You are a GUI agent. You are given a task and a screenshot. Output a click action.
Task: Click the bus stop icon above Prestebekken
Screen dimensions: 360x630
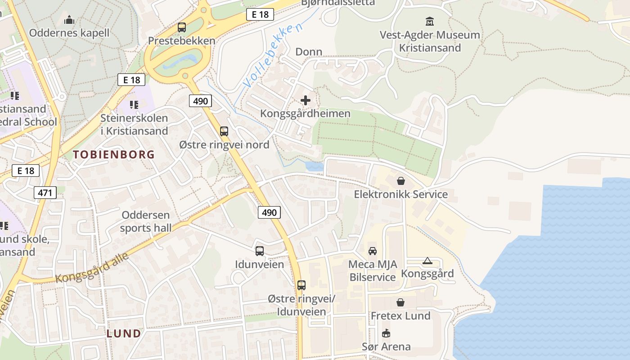182,27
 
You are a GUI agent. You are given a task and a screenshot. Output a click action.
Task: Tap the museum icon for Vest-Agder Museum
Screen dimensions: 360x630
430,21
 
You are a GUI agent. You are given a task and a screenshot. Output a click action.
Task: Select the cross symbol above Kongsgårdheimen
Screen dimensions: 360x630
306,100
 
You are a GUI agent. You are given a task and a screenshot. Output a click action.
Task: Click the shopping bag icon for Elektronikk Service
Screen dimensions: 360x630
400,181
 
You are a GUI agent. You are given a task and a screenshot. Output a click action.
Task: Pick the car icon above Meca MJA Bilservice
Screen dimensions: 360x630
373,251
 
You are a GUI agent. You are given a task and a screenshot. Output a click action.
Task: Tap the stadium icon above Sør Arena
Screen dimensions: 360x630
386,333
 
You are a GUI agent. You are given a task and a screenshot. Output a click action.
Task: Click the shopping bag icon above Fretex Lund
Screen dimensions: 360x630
400,302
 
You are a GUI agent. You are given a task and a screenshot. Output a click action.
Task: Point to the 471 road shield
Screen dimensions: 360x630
45,193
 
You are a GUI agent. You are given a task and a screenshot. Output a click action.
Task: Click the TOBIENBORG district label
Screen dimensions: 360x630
114,154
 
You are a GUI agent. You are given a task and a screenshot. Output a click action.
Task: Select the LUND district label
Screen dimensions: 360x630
124,333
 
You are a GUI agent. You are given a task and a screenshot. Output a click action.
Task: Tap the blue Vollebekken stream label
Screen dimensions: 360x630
273,56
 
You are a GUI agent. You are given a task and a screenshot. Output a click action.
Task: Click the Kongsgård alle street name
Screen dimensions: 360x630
92,268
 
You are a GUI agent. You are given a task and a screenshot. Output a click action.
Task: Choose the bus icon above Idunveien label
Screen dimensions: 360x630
260,251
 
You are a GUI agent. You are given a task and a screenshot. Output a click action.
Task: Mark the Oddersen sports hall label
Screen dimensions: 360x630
146,221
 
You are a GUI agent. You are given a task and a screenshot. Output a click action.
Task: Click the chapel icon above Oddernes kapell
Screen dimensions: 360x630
69,20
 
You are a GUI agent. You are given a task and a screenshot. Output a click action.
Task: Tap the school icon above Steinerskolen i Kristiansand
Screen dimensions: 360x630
134,104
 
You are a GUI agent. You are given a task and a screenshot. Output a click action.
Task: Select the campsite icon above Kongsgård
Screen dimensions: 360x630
427,261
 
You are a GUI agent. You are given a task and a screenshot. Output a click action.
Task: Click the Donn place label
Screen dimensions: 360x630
309,52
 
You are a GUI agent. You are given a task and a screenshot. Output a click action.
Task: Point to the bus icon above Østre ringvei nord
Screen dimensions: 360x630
224,131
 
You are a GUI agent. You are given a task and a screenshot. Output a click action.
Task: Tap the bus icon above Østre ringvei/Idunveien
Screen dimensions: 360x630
301,285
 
